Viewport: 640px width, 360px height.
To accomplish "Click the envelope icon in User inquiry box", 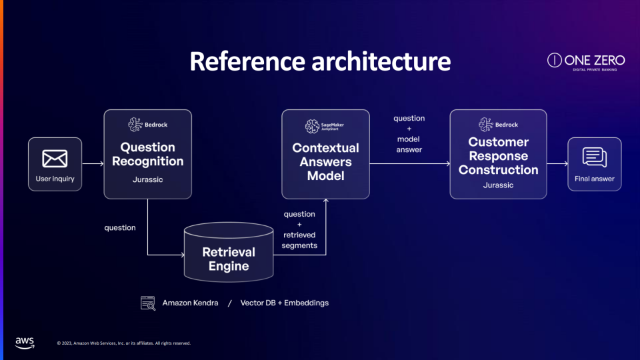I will click(x=55, y=158).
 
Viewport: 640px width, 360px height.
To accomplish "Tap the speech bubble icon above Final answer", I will click(x=594, y=157).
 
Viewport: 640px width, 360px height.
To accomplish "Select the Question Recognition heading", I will click(x=147, y=154).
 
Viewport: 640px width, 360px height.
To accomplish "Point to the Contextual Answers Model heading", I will click(x=325, y=161).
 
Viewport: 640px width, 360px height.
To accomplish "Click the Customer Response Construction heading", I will click(x=498, y=156).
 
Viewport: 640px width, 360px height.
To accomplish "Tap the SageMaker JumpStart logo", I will click(x=325, y=126).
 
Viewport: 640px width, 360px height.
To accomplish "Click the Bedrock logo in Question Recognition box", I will click(x=147, y=124).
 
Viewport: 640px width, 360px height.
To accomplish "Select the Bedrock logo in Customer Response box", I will click(x=498, y=125).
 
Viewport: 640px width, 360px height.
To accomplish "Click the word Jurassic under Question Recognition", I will click(x=147, y=179).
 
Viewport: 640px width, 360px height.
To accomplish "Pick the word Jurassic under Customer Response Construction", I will click(x=498, y=185).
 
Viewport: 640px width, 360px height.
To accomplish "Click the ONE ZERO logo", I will click(x=586, y=61).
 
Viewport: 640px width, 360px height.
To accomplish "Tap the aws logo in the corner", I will click(x=25, y=343).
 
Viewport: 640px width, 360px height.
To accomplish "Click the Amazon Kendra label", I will click(x=190, y=303).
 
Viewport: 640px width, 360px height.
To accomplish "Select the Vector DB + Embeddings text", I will click(x=284, y=303).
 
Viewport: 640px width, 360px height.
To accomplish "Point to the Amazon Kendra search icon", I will click(x=147, y=303).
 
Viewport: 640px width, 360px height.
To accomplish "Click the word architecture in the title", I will click(x=381, y=61).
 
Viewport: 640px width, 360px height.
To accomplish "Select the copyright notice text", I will click(x=124, y=343).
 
